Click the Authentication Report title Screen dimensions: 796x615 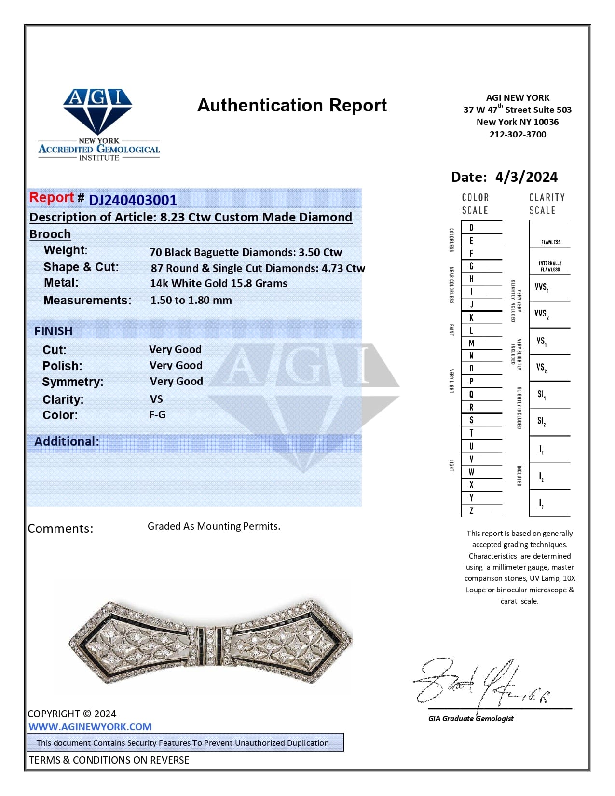pos(292,105)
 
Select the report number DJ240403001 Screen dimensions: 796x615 pos(133,200)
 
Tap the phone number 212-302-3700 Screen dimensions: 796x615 pos(518,135)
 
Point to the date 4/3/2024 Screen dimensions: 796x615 pos(526,177)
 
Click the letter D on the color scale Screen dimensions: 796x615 pos(471,228)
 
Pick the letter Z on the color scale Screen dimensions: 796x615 pos(471,510)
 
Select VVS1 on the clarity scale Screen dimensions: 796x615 pos(541,288)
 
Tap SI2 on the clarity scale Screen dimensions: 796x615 pos(541,422)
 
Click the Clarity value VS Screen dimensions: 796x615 pos(156,399)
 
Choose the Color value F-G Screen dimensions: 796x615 pos(157,415)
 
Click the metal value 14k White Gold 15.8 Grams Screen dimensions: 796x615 pos(219,284)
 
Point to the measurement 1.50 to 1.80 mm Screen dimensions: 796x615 pos(191,300)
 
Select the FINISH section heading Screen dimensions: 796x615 pos(54,331)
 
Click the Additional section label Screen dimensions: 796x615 pos(67,441)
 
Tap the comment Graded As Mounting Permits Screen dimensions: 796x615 pos(214,526)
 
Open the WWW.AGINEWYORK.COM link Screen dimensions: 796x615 pos(90,727)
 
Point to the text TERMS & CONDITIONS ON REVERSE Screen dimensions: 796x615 pos(109,760)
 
